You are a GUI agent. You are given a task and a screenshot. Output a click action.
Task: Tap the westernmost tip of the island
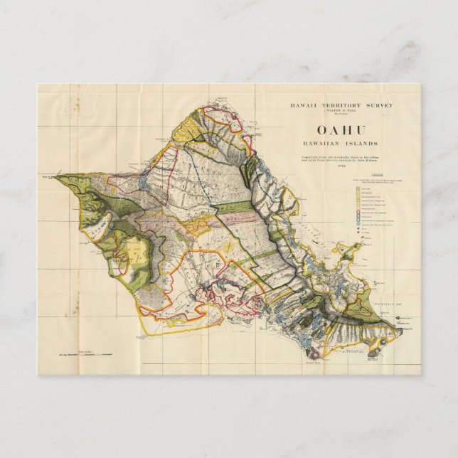[54, 176]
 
